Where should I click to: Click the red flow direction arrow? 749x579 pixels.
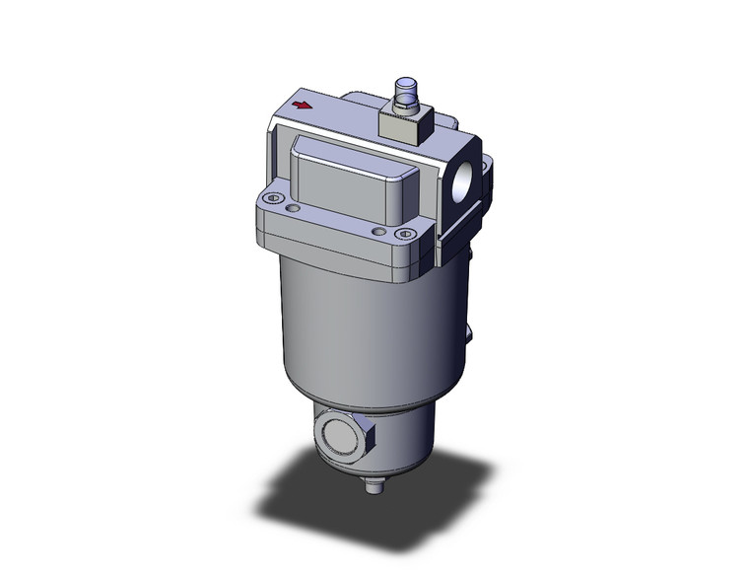click(x=306, y=104)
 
